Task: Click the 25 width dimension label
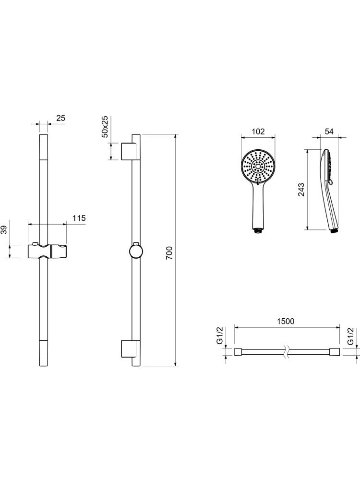(61, 118)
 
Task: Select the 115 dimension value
(79, 218)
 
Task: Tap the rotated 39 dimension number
(3, 230)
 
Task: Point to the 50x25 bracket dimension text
(105, 127)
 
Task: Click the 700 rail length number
(169, 253)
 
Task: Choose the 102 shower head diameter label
(258, 132)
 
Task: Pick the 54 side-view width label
(329, 132)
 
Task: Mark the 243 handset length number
(301, 190)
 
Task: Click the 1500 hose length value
(285, 321)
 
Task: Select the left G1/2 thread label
(220, 336)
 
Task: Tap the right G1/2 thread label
(351, 336)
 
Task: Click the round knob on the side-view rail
(136, 252)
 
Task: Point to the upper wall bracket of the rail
(128, 151)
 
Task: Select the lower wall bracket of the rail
(128, 348)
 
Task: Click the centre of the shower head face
(258, 167)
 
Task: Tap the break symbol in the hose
(286, 352)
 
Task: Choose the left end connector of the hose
(239, 352)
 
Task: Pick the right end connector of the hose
(336, 352)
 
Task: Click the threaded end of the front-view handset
(258, 231)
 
